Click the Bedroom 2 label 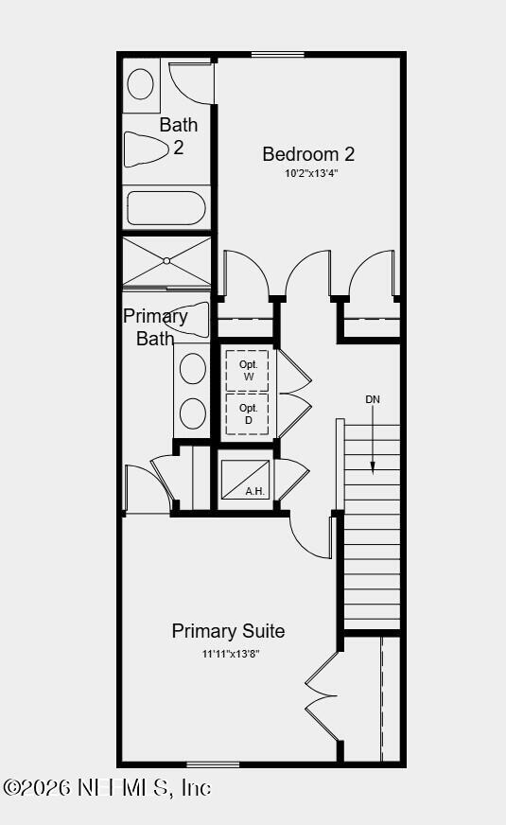pyautogui.click(x=308, y=154)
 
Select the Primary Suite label pyautogui.click(x=228, y=631)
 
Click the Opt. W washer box pyautogui.click(x=248, y=371)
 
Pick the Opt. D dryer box pyautogui.click(x=248, y=414)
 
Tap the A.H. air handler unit pyautogui.click(x=245, y=480)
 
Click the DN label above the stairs pyautogui.click(x=373, y=399)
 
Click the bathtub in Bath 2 pyautogui.click(x=166, y=207)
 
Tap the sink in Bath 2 pyautogui.click(x=140, y=84)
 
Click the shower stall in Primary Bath pyautogui.click(x=166, y=260)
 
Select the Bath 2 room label pyautogui.click(x=178, y=135)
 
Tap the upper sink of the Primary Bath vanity pyautogui.click(x=193, y=369)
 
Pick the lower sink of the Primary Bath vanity pyautogui.click(x=193, y=413)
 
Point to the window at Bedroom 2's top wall pyautogui.click(x=278, y=54)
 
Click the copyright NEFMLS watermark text pyautogui.click(x=107, y=787)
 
